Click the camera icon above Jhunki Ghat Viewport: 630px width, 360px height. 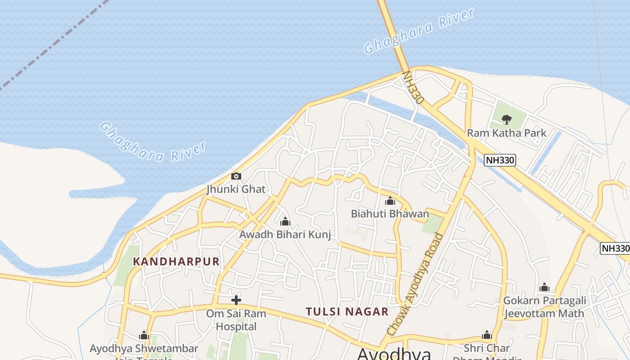click(x=236, y=176)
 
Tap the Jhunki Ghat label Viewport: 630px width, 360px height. click(x=236, y=189)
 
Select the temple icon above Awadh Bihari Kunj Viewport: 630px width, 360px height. click(x=285, y=221)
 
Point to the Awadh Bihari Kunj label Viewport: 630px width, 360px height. click(x=285, y=234)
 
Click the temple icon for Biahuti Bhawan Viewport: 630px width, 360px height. click(x=390, y=201)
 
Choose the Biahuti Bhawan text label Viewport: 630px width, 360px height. click(x=390, y=214)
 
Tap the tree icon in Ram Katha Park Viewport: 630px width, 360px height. click(x=507, y=119)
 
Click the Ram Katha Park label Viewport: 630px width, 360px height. click(x=507, y=133)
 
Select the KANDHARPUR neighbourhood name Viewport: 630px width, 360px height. click(x=176, y=261)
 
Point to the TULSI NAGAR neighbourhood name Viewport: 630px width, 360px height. click(x=347, y=311)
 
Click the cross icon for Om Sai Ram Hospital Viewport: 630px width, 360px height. click(x=236, y=300)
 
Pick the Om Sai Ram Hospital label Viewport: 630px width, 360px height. click(x=236, y=319)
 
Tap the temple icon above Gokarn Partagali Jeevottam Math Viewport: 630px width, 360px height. click(x=544, y=287)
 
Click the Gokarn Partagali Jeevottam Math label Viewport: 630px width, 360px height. click(x=544, y=307)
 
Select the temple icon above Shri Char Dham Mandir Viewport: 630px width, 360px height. click(x=486, y=335)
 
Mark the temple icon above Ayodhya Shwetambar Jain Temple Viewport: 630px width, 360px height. click(x=144, y=335)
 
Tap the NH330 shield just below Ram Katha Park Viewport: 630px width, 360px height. click(x=499, y=160)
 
